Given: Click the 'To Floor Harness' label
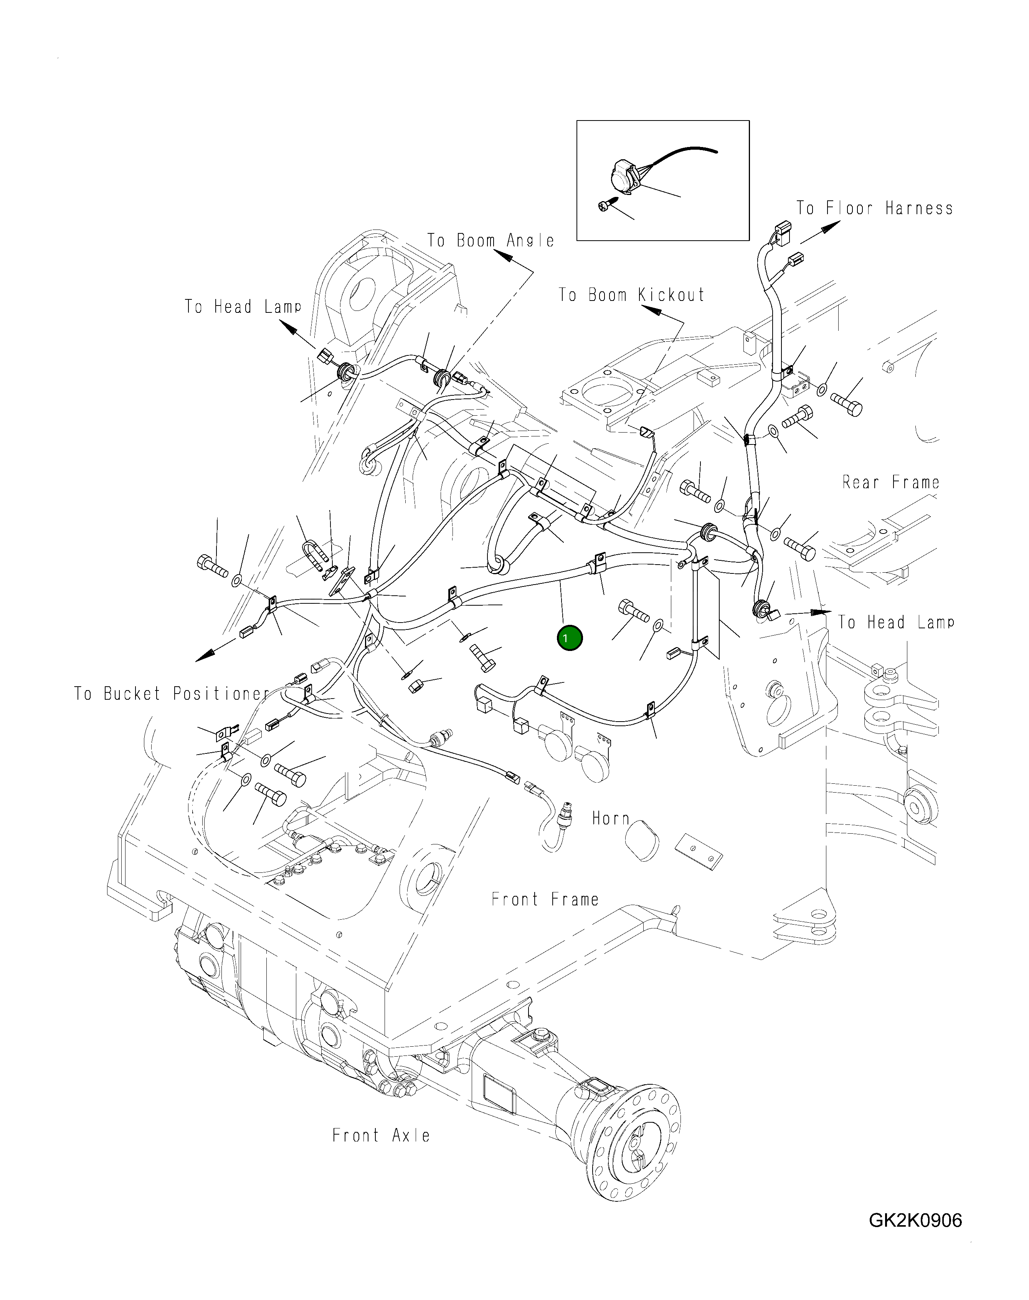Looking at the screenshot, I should tap(874, 208).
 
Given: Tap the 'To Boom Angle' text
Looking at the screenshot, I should tap(491, 240).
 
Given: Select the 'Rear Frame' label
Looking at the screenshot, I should tap(890, 482).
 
